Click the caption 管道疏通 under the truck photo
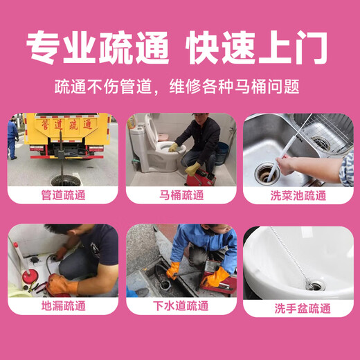63,195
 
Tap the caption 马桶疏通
181,195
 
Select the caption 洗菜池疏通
298,196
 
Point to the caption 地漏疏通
64,306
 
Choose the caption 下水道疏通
181,306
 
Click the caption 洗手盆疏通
303,308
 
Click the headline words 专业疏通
98,48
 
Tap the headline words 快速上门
256,48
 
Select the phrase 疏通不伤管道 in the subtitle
103,87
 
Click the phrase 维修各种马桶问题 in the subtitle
235,87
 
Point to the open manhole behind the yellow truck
66,181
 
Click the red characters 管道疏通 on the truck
67,125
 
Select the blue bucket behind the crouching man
222,154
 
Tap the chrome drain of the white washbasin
315,285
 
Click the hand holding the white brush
286,165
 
